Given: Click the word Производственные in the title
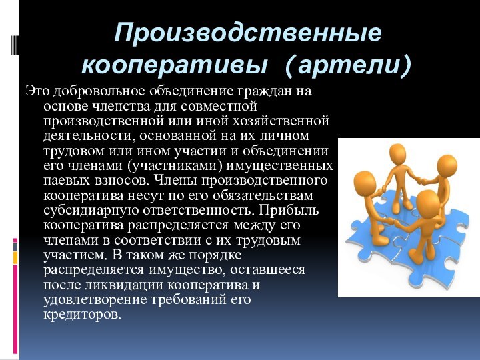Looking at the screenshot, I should pos(248,33).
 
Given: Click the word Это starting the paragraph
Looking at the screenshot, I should pos(37,90).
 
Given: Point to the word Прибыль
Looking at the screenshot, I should pos(294,210).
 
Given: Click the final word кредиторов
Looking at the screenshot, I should pos(83,315).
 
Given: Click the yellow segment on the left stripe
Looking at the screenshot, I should pos(15,257).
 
